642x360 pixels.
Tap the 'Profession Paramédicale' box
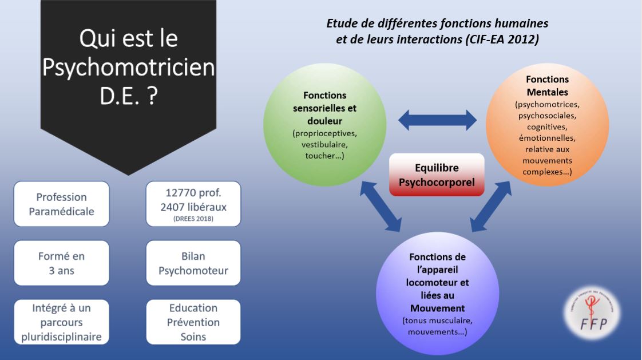pyautogui.click(x=61, y=204)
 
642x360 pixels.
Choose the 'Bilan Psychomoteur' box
pyautogui.click(x=193, y=263)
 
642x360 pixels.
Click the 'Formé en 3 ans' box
pyautogui.click(x=61, y=263)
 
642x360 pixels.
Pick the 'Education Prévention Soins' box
pyautogui.click(x=193, y=322)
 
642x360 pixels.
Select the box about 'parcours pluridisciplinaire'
pyautogui.click(x=61, y=322)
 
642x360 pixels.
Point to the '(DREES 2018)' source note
pyautogui.click(x=193, y=218)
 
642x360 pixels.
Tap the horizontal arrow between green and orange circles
pyautogui.click(x=437, y=120)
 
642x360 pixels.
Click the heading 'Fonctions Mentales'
pyautogui.click(x=547, y=85)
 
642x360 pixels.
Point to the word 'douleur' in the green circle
pyautogui.click(x=324, y=121)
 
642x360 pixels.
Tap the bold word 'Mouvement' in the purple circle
pyautogui.click(x=437, y=309)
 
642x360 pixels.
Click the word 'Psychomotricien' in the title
pyautogui.click(x=129, y=68)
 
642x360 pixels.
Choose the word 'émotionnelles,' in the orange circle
pyautogui.click(x=547, y=138)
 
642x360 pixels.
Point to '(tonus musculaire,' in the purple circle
pyautogui.click(x=437, y=321)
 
